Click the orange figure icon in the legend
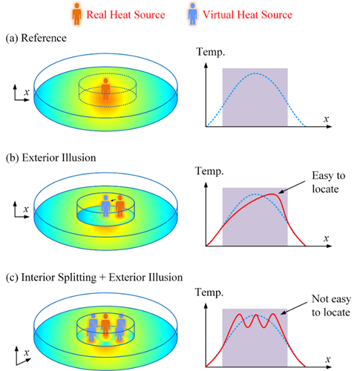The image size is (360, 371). click(x=77, y=14)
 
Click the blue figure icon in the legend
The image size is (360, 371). click(x=192, y=14)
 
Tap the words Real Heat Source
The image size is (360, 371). click(x=125, y=15)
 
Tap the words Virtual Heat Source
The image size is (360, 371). click(x=247, y=15)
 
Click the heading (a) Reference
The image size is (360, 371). click(x=36, y=38)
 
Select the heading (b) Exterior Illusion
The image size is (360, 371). click(x=50, y=158)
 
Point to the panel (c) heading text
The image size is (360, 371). click(x=94, y=278)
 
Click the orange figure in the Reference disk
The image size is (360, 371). click(x=106, y=89)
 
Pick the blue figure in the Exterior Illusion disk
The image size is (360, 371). click(x=106, y=206)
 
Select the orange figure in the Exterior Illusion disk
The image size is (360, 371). click(x=120, y=206)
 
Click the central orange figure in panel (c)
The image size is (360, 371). click(x=105, y=324)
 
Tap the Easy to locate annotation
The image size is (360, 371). click(x=328, y=183)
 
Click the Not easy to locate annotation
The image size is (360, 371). click(x=331, y=306)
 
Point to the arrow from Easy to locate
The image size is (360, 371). click(x=292, y=187)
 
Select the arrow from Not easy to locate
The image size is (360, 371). click(x=294, y=309)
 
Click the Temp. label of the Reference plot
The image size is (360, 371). click(x=211, y=52)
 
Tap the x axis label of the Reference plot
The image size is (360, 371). click(x=326, y=119)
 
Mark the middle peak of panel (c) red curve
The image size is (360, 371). click(x=256, y=315)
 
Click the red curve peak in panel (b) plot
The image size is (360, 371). click(x=272, y=194)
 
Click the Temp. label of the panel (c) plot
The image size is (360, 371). click(x=209, y=292)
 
